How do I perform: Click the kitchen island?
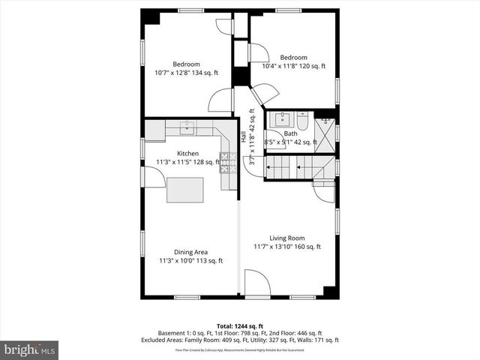coord(185,188)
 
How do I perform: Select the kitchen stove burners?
coord(223,162)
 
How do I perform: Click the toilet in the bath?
coord(301,120)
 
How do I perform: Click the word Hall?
coord(244,138)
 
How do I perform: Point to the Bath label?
coord(290,133)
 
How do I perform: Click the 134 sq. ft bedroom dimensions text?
coord(187,73)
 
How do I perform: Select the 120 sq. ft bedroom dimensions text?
coord(293,66)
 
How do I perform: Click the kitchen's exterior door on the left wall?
coord(155,178)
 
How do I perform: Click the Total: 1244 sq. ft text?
coord(240,325)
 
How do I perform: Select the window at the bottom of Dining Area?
coord(187,297)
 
